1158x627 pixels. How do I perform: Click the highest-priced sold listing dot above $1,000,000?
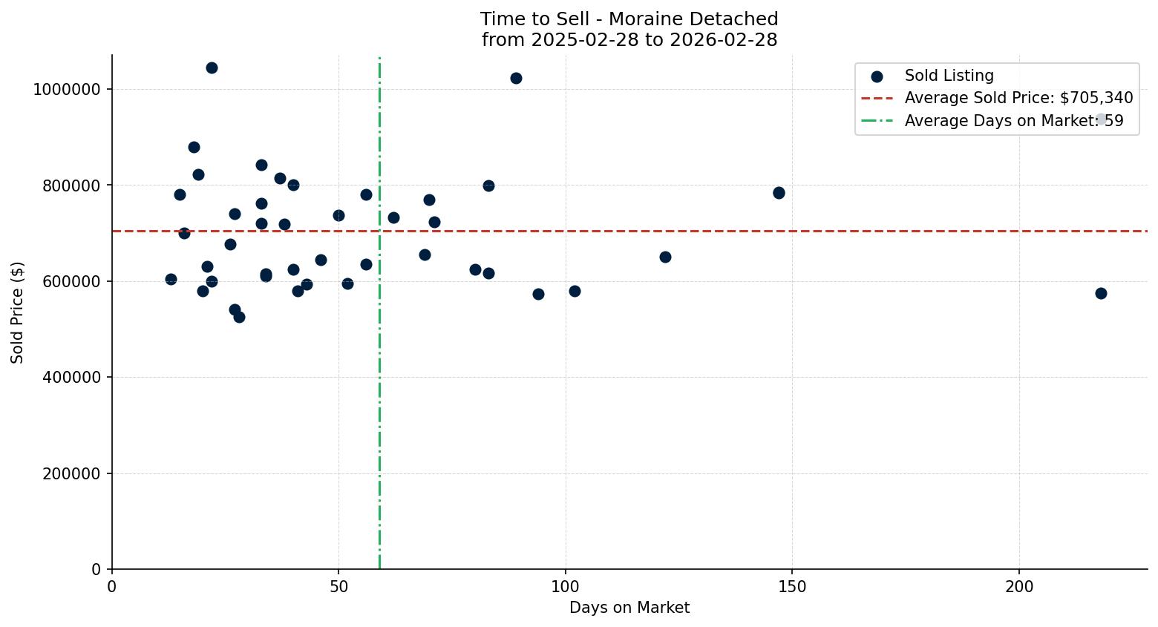pos(212,68)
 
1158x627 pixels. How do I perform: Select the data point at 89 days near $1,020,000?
pos(516,79)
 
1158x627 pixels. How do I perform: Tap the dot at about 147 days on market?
pos(779,193)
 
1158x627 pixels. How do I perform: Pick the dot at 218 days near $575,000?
pos(1101,294)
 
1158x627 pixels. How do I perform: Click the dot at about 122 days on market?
pos(665,257)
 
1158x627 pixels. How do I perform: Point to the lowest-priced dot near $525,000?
pos(239,318)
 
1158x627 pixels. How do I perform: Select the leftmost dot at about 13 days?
pos(171,280)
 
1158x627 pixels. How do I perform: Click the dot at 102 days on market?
pos(575,292)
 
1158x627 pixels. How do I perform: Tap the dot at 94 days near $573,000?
pos(538,295)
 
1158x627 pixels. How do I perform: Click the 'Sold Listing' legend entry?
pos(949,76)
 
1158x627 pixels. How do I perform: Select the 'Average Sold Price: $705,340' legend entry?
pos(1018,98)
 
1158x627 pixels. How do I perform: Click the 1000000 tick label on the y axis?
pos(67,90)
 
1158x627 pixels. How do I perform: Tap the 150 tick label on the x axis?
pos(791,586)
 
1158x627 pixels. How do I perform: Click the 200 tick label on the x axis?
pos(1018,586)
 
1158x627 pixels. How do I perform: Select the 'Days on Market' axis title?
pos(629,608)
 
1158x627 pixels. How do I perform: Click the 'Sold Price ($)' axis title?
pos(18,312)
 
